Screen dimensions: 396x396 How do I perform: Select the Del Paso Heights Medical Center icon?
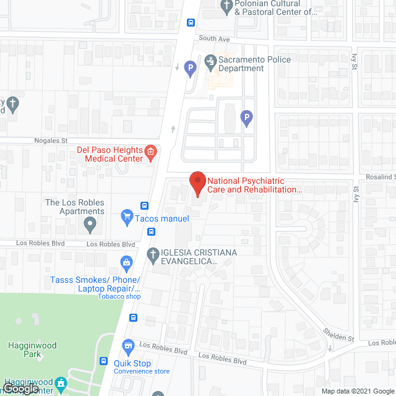pyautogui.click(x=150, y=151)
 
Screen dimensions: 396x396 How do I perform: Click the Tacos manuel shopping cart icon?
pyautogui.click(x=127, y=215)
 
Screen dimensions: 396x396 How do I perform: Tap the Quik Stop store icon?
pyautogui.click(x=128, y=345)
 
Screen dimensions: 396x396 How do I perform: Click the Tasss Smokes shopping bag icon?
pyautogui.click(x=127, y=262)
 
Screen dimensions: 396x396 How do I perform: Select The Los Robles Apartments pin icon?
pyautogui.click(x=91, y=223)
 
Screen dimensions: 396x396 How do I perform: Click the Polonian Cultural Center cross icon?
pyautogui.click(x=226, y=7)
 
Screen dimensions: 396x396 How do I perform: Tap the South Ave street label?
pyautogui.click(x=214, y=38)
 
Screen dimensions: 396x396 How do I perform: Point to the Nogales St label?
pyautogui.click(x=50, y=141)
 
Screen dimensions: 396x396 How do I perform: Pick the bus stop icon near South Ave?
pyautogui.click(x=191, y=23)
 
